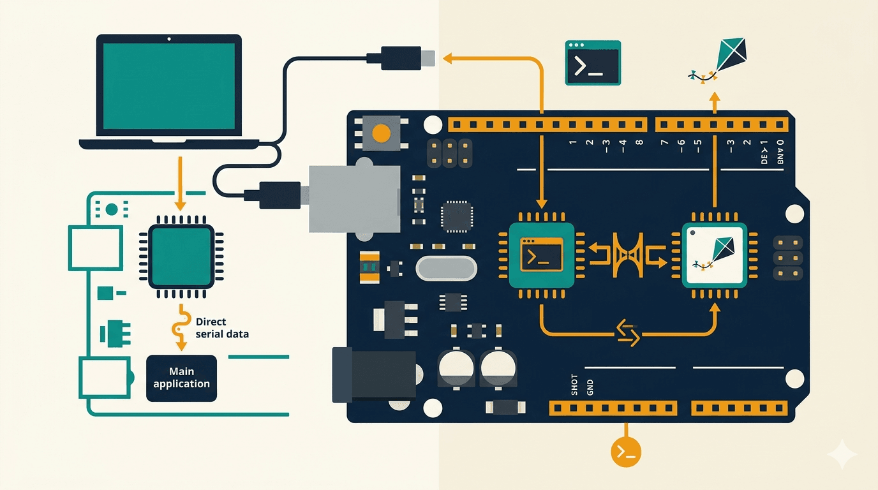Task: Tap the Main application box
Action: click(181, 378)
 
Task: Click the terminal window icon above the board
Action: click(593, 63)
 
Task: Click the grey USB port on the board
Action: click(354, 198)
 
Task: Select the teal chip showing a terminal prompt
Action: click(542, 255)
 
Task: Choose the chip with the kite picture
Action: click(714, 255)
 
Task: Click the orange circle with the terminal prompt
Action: click(626, 452)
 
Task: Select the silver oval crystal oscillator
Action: click(446, 268)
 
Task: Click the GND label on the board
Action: click(590, 386)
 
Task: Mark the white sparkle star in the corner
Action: click(842, 454)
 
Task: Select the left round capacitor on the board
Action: click(456, 368)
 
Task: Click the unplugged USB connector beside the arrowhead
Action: click(402, 58)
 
